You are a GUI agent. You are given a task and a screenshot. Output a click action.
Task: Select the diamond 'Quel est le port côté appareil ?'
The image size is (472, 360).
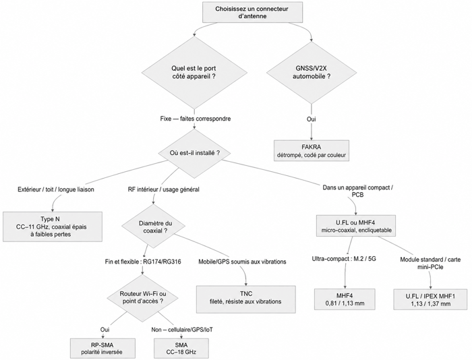pyautogui.click(x=194, y=73)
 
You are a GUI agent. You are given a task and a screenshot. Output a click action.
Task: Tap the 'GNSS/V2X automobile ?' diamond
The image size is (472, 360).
pyautogui.click(x=312, y=73)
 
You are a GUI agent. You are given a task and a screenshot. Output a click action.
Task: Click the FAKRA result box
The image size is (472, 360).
pyautogui.click(x=312, y=150)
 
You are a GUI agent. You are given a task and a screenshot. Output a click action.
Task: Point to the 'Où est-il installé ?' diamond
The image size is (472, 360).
pyautogui.click(x=194, y=153)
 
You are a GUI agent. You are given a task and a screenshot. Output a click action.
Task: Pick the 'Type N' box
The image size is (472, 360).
pyautogui.click(x=53, y=227)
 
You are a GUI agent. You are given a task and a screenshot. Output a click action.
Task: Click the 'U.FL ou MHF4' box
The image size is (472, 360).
pyautogui.click(x=356, y=226)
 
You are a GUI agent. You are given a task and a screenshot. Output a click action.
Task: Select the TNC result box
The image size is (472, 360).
pyautogui.click(x=246, y=297)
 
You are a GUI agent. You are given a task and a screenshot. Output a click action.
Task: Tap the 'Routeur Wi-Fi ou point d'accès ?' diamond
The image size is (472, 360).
pyautogui.click(x=143, y=297)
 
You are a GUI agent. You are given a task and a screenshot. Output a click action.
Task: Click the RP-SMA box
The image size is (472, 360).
pyautogui.click(x=102, y=349)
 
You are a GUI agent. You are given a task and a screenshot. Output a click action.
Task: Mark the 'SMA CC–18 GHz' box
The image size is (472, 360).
pyautogui.click(x=181, y=349)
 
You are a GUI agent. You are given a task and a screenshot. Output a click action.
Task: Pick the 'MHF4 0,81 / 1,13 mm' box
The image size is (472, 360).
pyautogui.click(x=345, y=299)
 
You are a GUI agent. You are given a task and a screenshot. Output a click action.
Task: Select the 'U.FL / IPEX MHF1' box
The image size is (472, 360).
pyautogui.click(x=431, y=299)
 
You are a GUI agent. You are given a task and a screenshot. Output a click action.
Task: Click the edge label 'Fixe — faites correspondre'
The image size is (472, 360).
pyautogui.click(x=196, y=119)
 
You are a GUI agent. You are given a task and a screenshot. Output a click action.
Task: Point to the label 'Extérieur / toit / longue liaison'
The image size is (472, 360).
pyautogui.click(x=56, y=189)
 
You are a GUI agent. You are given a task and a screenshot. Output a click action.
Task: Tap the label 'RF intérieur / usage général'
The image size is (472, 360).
pyautogui.click(x=164, y=189)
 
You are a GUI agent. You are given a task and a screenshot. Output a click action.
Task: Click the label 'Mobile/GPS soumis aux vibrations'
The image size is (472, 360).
pyautogui.click(x=242, y=262)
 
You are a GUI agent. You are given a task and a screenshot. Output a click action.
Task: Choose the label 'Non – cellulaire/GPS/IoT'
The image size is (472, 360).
pyautogui.click(x=182, y=330)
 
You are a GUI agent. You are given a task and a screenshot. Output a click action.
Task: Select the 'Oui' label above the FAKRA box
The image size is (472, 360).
pyautogui.click(x=312, y=119)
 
